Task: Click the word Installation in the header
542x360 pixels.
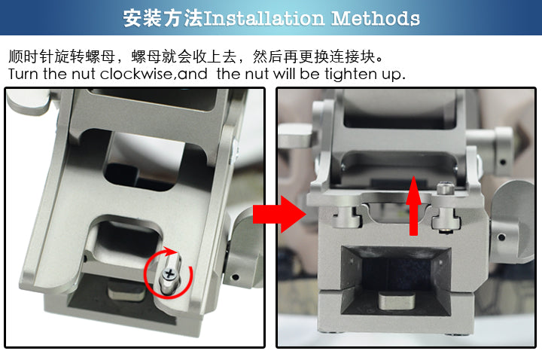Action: point(264,18)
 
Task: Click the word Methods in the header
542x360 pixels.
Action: point(376,18)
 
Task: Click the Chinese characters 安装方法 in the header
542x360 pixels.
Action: point(163,18)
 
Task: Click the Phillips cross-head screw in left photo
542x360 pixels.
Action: point(169,274)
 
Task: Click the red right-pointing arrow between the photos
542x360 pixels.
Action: point(279,214)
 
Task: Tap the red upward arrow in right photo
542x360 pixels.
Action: point(413,206)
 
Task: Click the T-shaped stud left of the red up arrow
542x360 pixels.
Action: point(347,218)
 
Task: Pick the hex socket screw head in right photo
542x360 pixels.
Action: point(445,190)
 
